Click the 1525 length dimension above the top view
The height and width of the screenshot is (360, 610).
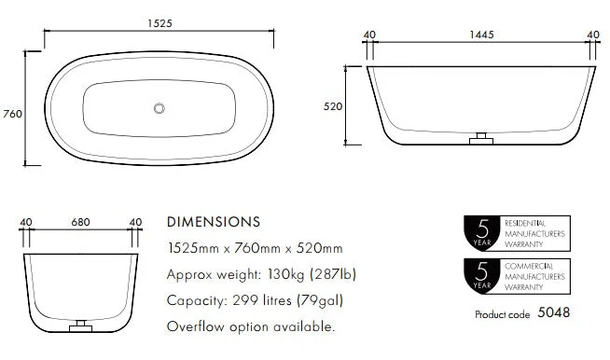[x=159, y=23]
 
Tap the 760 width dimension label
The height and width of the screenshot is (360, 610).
[x=12, y=114]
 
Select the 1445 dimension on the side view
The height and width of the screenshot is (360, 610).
[x=481, y=35]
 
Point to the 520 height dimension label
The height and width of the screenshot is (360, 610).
[x=333, y=106]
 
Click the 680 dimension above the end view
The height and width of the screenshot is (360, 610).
[x=80, y=222]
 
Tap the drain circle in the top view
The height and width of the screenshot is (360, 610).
[x=159, y=108]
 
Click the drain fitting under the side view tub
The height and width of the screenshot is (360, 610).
[x=481, y=139]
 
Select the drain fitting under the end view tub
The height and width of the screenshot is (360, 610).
[x=80, y=326]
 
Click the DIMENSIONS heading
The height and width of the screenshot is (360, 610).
[x=214, y=222]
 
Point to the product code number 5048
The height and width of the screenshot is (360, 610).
[x=554, y=312]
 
